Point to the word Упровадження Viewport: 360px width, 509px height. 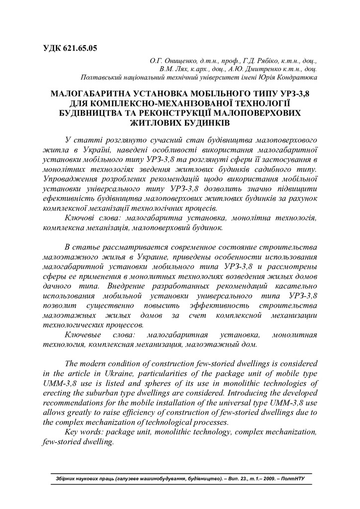(68, 178)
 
